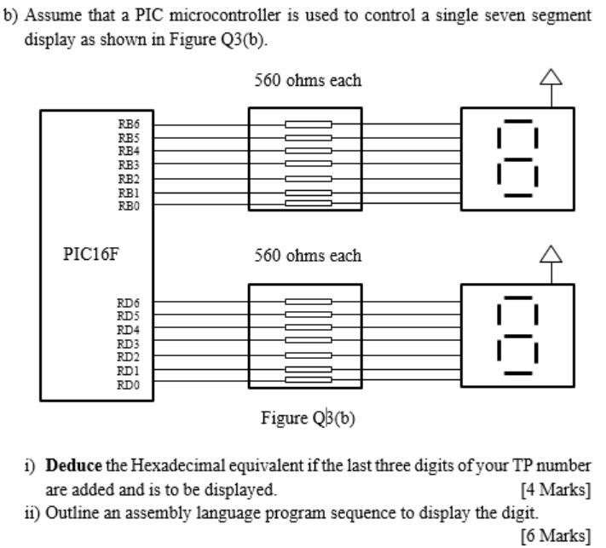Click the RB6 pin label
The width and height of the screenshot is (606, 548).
click(x=128, y=124)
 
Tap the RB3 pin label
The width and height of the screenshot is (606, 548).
click(x=128, y=164)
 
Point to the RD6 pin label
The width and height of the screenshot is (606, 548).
click(x=128, y=302)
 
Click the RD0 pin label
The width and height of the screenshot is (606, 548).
click(x=128, y=384)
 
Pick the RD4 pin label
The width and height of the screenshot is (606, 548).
click(x=128, y=329)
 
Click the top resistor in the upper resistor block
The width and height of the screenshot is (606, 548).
click(x=308, y=124)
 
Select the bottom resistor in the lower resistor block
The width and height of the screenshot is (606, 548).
click(x=308, y=384)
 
